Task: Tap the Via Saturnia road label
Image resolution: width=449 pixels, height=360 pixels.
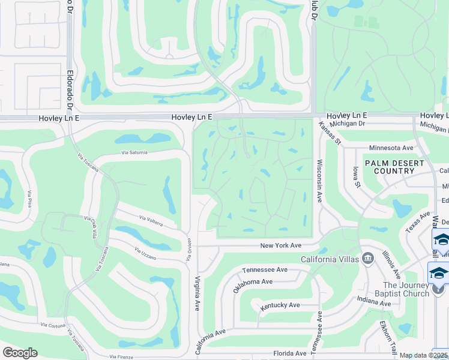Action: click(134, 152)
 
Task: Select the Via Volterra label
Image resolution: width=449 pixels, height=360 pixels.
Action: click(151, 220)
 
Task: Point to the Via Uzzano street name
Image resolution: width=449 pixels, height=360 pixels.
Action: click(146, 254)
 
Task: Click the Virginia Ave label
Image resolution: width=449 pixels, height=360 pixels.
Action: click(197, 293)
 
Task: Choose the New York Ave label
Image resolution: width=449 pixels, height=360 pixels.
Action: click(280, 245)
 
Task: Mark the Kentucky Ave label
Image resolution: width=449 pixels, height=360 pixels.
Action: click(280, 305)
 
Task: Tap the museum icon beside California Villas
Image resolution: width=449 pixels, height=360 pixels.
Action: click(369, 258)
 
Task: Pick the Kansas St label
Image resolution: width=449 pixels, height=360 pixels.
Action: click(330, 133)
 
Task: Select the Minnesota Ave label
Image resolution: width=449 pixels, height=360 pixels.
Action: click(391, 148)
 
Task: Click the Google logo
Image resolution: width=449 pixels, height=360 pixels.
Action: click(20, 353)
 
